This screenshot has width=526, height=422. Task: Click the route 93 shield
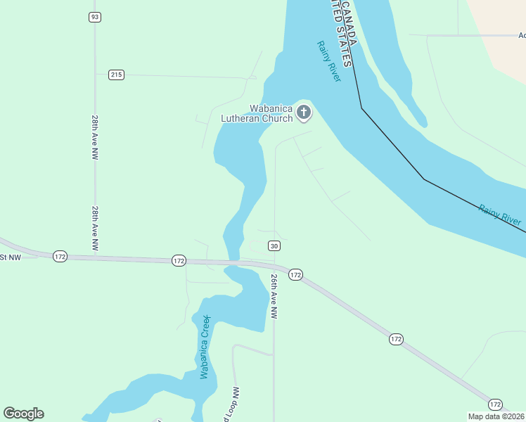tap(95, 16)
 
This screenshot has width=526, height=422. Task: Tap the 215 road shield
tap(116, 75)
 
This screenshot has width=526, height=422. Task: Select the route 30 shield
tap(274, 245)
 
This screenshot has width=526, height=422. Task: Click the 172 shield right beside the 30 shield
tap(295, 274)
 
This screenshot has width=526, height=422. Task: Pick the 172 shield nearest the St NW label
tap(60, 257)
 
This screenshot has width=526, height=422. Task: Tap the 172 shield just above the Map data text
tap(495, 404)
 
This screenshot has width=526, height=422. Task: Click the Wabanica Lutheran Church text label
tap(261, 114)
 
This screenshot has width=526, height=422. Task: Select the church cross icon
tap(304, 112)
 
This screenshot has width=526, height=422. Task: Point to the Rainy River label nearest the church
tap(328, 61)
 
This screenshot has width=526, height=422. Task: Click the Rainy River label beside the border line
tap(500, 214)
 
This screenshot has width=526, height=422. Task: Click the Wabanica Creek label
tap(205, 347)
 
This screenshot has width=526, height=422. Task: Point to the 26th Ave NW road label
tap(274, 296)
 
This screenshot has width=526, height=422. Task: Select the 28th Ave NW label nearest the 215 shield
tap(94, 137)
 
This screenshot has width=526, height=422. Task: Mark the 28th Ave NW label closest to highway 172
tap(94, 228)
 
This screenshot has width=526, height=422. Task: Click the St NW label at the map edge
tap(11, 257)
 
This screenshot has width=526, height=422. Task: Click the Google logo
tap(23, 414)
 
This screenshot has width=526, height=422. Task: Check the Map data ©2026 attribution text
tap(496, 416)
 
